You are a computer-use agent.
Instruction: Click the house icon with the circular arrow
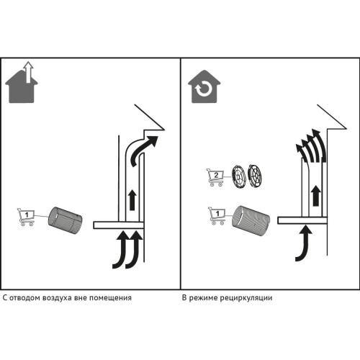pos(204,86)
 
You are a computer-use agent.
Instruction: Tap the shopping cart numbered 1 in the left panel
pos(26,217)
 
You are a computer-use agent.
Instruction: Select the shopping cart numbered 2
pos(215,177)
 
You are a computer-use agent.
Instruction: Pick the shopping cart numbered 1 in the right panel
pos(217,215)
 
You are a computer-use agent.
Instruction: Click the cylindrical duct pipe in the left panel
pos(66,220)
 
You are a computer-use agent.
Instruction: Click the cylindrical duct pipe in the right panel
pos(251,221)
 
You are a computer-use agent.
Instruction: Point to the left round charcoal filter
pos(238,176)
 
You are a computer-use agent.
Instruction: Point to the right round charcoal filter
pos(254,175)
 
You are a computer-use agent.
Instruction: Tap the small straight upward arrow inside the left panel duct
pos(132,200)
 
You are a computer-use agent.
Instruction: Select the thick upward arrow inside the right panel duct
pos(317,196)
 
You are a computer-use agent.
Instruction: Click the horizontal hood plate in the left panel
pos(119,225)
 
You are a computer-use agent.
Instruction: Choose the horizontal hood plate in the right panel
pos(302,220)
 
